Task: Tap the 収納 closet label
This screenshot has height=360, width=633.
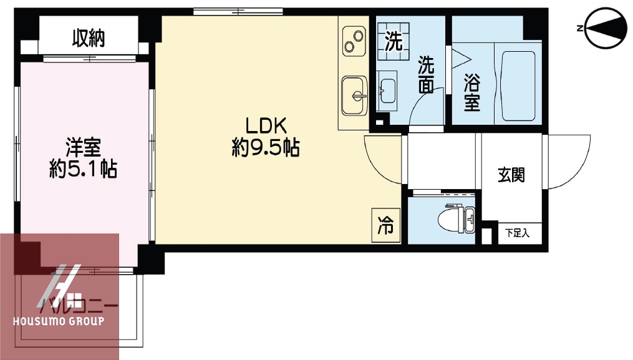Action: (x=88, y=39)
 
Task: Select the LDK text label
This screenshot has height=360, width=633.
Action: (x=265, y=126)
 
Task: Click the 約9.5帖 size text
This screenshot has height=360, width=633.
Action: (x=265, y=148)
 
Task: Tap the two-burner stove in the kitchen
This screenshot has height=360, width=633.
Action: (x=354, y=41)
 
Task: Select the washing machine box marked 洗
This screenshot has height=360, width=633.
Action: (x=394, y=42)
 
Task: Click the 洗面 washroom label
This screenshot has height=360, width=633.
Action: (x=426, y=74)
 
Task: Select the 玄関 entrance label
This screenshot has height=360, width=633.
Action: (x=511, y=175)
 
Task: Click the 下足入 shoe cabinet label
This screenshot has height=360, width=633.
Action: (x=517, y=233)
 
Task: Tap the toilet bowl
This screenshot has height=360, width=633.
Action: (x=452, y=220)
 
